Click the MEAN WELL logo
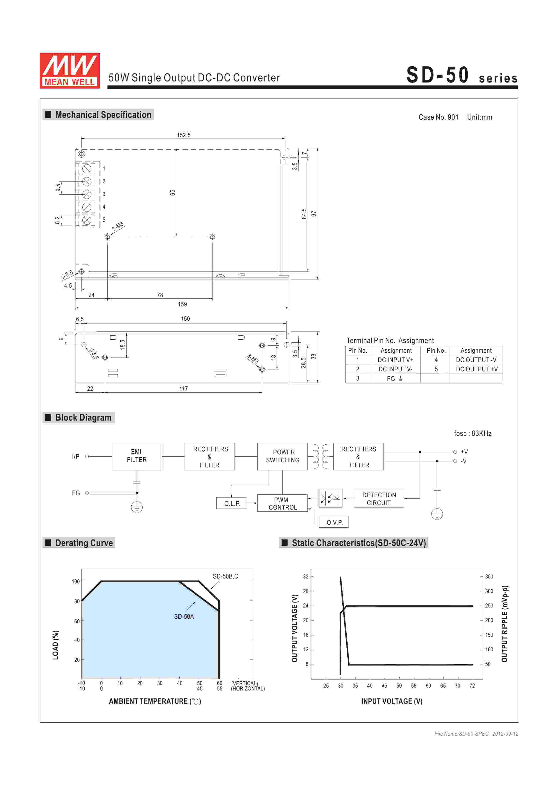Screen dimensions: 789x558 (x=70, y=71)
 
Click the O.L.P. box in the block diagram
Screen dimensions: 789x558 (x=232, y=503)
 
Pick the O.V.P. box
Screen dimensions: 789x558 (x=334, y=522)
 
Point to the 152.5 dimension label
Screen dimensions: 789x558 (x=184, y=135)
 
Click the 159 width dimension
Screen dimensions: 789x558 (x=182, y=304)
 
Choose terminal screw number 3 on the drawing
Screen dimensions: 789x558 (x=87, y=194)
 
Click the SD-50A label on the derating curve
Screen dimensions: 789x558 (x=184, y=616)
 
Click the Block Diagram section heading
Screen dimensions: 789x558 (x=83, y=417)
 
